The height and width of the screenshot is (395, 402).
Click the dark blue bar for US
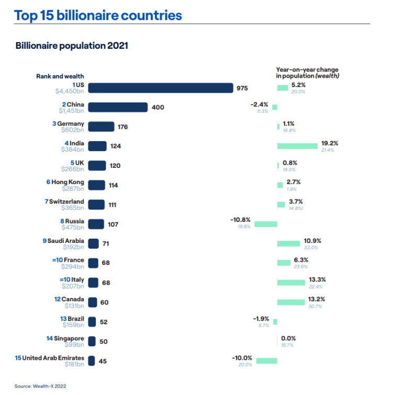click(160, 88)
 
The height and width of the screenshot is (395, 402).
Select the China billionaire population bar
click(117, 107)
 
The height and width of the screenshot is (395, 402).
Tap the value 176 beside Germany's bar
click(122, 126)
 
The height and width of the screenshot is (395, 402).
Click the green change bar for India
click(297, 146)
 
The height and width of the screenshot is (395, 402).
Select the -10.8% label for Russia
click(241, 220)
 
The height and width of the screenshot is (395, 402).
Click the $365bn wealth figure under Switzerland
click(73, 208)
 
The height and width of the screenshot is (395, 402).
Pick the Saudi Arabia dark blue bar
click(94, 243)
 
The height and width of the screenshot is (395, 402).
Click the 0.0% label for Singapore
click(289, 338)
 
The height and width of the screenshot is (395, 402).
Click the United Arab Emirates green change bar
click(266, 360)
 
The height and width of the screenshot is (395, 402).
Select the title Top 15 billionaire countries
click(98, 15)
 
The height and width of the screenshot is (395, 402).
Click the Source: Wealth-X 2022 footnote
click(40, 386)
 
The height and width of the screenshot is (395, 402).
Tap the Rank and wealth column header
click(60, 76)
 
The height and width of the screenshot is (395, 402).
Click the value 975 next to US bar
click(242, 88)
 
